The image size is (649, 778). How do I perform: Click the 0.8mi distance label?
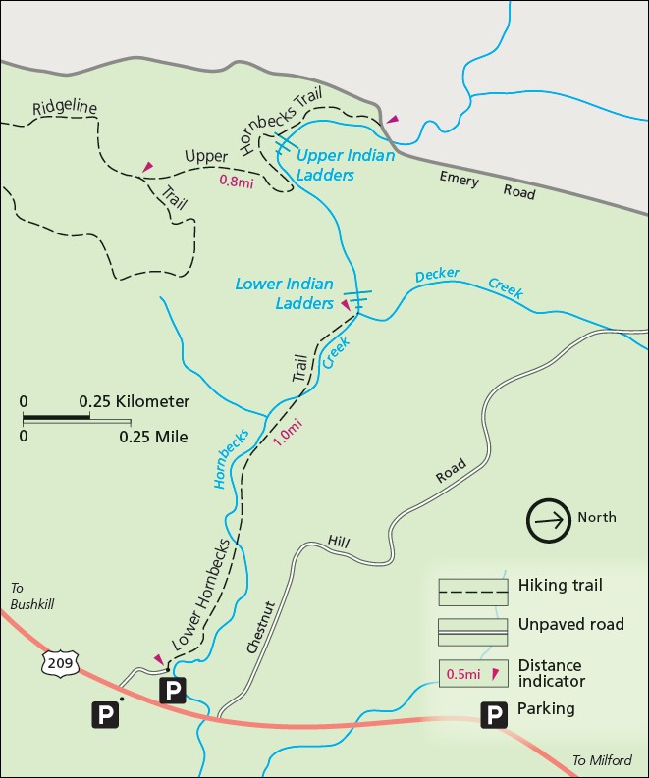pyautogui.click(x=237, y=182)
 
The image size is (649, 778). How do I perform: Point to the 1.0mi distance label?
pyautogui.click(x=287, y=433)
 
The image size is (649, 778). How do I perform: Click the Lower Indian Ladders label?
pyautogui.click(x=284, y=294)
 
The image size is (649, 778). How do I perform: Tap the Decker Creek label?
pyautogui.click(x=468, y=283)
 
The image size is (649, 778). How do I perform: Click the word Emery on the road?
pyautogui.click(x=460, y=180)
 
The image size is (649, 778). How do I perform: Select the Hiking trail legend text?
pyautogui.click(x=560, y=586)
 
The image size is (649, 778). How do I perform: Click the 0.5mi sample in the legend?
pyautogui.click(x=463, y=673)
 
